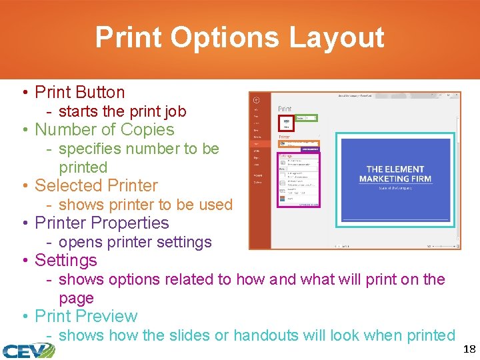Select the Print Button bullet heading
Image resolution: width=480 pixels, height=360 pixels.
79,92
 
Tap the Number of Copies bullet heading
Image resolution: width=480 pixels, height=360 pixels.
104,129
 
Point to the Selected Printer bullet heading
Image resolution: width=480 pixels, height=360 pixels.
96,185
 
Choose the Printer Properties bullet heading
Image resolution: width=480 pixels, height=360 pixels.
101,223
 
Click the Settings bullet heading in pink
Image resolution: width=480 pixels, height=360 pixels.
65,260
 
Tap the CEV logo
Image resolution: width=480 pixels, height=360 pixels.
28,350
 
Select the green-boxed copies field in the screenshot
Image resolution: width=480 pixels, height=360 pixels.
306,118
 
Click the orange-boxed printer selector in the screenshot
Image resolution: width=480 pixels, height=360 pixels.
299,143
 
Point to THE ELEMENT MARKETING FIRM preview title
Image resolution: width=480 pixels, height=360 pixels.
395,174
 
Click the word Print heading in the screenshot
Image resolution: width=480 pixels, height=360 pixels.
285,109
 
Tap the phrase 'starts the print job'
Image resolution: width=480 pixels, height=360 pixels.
122,111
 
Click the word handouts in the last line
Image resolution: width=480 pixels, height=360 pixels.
268,335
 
